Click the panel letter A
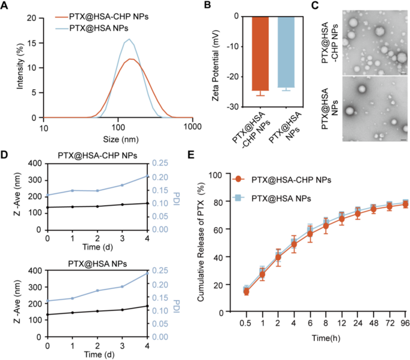pos(6,6)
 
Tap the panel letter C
pos(330,6)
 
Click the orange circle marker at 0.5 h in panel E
pos(246,291)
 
